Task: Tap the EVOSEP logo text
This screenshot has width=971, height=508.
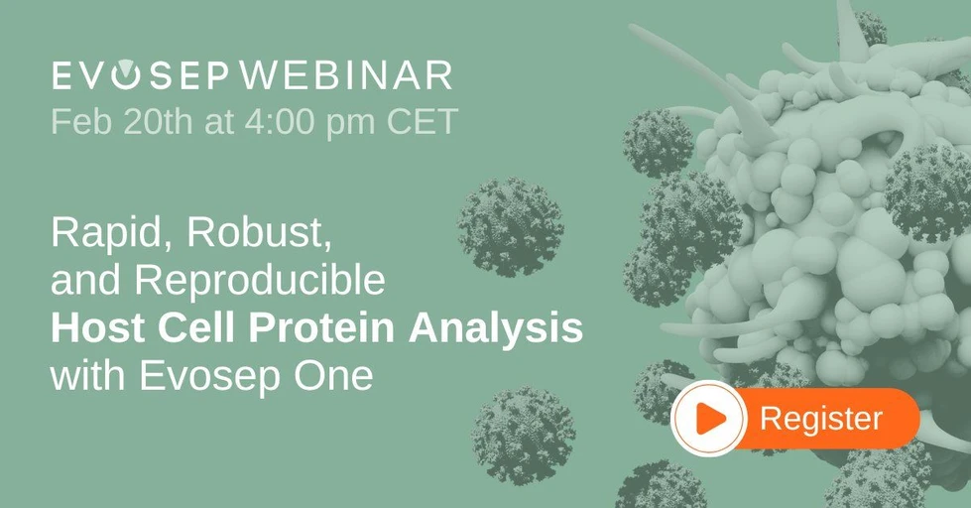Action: pyautogui.click(x=140, y=75)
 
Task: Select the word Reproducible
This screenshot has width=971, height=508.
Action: pyautogui.click(x=259, y=283)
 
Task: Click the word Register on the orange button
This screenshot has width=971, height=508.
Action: pyautogui.click(x=820, y=419)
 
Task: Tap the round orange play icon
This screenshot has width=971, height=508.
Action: pyautogui.click(x=707, y=419)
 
